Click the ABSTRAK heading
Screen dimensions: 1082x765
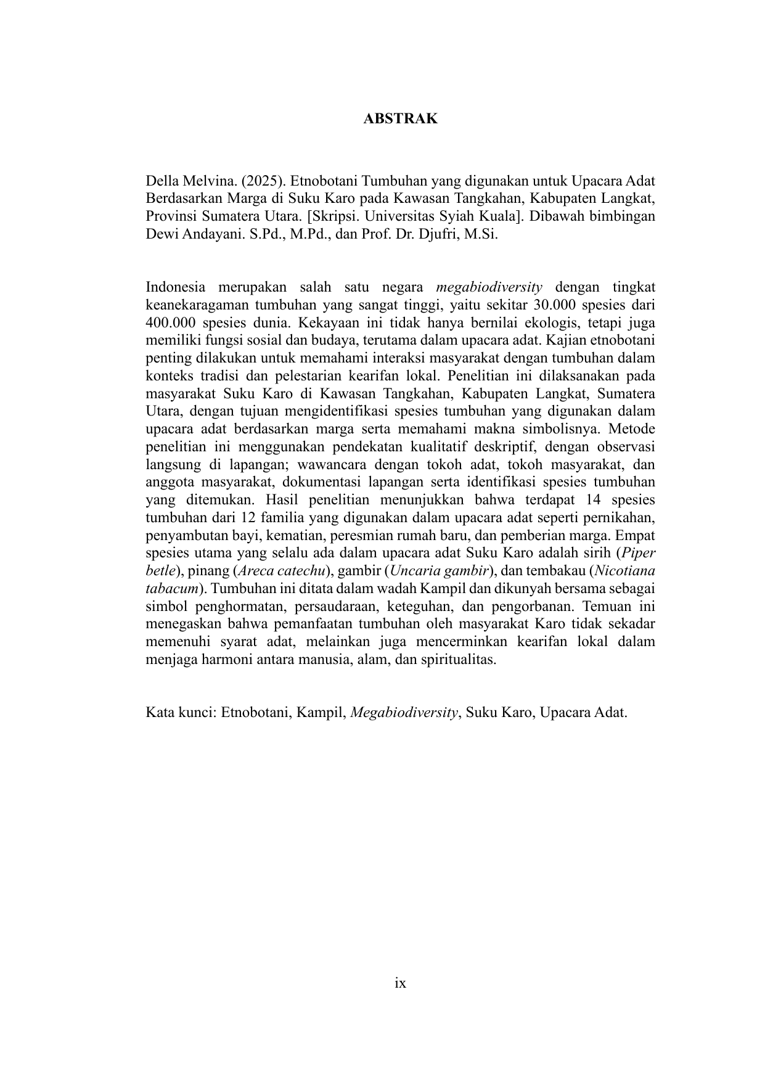point(400,118)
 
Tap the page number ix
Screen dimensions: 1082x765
point(400,983)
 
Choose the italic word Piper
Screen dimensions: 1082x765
point(639,552)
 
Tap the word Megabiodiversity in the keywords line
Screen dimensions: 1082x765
point(404,713)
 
